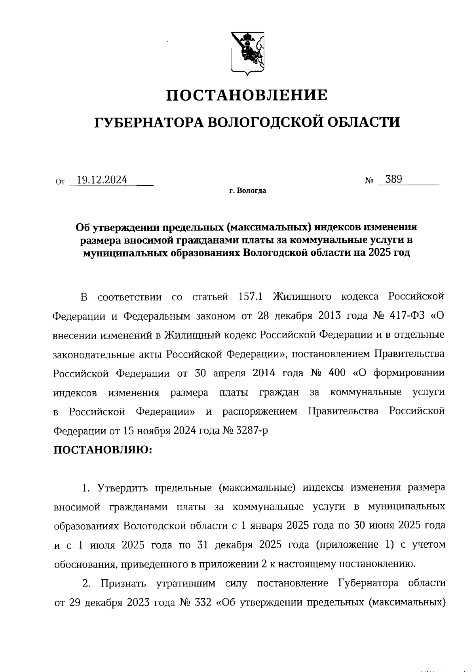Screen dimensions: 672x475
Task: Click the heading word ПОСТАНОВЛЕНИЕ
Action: (x=247, y=95)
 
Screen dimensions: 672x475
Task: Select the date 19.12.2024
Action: (x=102, y=180)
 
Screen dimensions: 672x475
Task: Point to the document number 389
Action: (x=394, y=179)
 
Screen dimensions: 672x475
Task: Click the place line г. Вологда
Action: (x=247, y=191)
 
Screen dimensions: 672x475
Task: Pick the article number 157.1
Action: (x=251, y=297)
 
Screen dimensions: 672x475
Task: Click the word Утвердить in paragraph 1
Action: (x=123, y=488)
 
